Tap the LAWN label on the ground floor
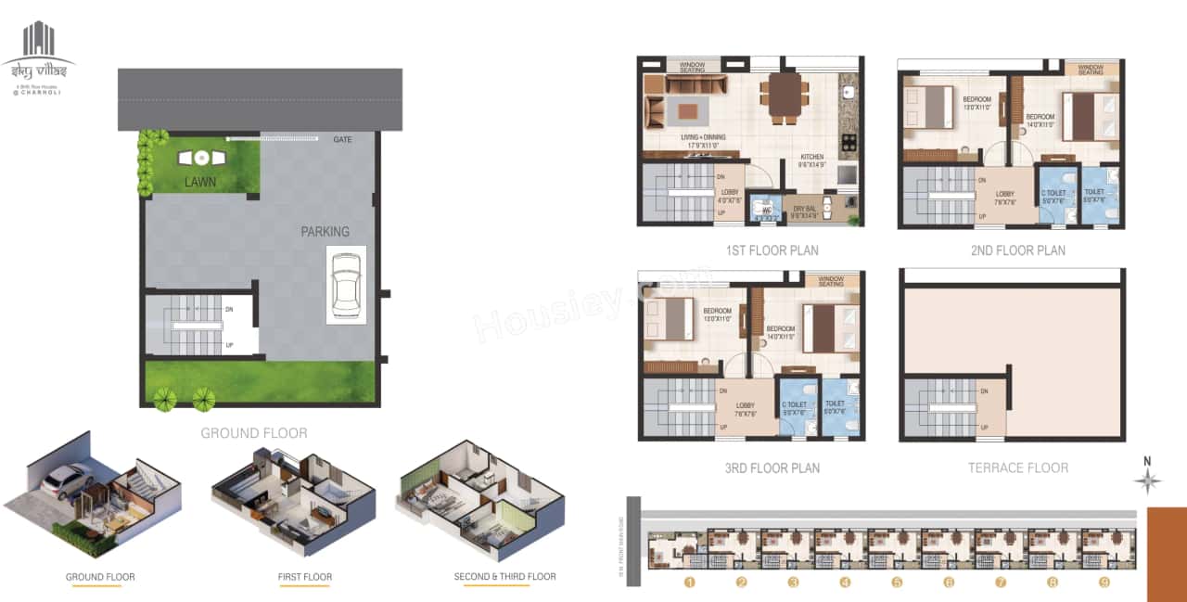[199, 182]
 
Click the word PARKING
[325, 231]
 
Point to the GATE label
[342, 139]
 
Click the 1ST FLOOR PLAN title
[772, 250]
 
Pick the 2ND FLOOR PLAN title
[1017, 250]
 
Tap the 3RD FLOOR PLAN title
[772, 468]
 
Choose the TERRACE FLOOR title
[1018, 468]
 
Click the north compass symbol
[1148, 480]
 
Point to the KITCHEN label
[811, 158]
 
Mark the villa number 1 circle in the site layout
[689, 583]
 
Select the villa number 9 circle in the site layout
[1104, 583]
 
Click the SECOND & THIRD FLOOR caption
[504, 577]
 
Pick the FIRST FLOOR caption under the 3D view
[305, 577]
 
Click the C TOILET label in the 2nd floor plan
[1053, 193]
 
